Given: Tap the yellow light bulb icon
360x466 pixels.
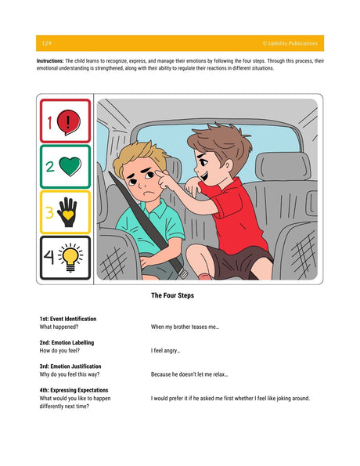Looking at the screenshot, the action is (x=70, y=257).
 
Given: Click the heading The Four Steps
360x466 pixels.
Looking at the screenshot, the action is (x=172, y=295).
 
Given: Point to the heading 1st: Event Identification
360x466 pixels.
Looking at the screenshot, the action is (x=68, y=319).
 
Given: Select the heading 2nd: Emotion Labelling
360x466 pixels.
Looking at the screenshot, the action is (x=67, y=343).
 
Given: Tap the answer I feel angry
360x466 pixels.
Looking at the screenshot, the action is (x=166, y=351).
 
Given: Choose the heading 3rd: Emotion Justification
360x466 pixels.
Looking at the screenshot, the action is (x=70, y=367).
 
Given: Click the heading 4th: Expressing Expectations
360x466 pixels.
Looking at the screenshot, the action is (x=74, y=390).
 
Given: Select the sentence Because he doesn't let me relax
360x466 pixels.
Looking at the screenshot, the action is (x=189, y=374).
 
